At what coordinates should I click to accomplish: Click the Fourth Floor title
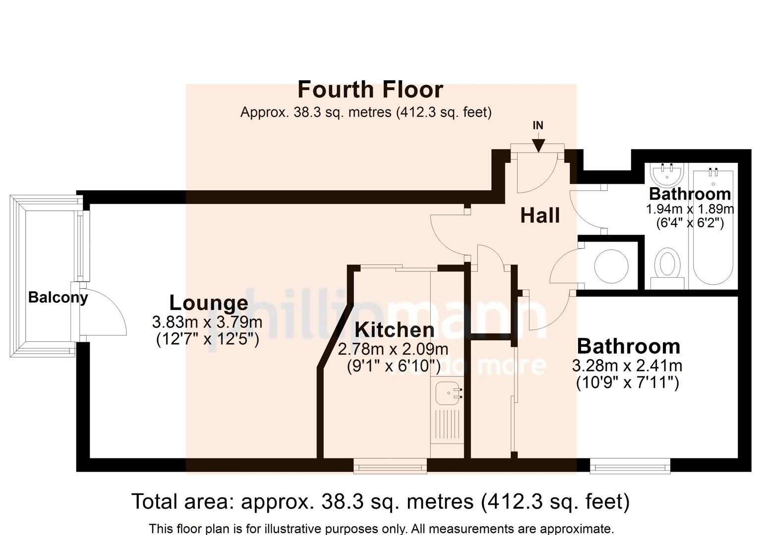pyautogui.click(x=370, y=90)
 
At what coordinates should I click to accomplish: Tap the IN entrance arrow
pyautogui.click(x=538, y=144)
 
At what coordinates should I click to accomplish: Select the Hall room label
pyautogui.click(x=540, y=215)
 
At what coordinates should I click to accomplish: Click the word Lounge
pyautogui.click(x=208, y=303)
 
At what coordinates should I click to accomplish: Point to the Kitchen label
pyautogui.click(x=394, y=329)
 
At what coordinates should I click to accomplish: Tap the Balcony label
pyautogui.click(x=58, y=297)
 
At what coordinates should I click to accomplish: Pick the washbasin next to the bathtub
pyautogui.click(x=667, y=174)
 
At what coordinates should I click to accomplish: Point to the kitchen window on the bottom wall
pyautogui.click(x=390, y=465)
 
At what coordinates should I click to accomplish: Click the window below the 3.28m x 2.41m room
pyautogui.click(x=630, y=465)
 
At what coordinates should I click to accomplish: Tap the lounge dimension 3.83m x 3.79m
pyautogui.click(x=207, y=322)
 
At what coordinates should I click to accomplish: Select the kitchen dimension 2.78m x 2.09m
pyautogui.click(x=393, y=349)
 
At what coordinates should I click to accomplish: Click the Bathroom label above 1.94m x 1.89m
pyautogui.click(x=690, y=194)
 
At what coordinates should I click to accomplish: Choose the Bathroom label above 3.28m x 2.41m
pyautogui.click(x=628, y=346)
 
